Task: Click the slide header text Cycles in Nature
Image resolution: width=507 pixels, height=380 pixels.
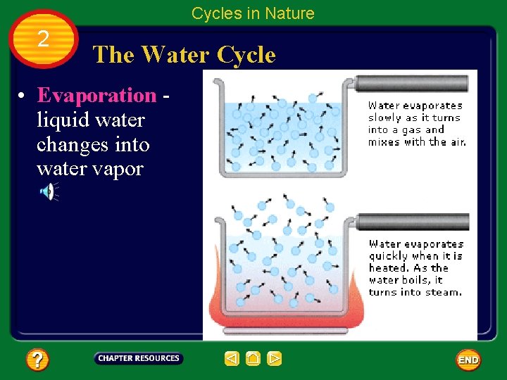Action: pos(253,13)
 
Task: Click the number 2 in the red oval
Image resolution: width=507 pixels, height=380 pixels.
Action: pos(43,39)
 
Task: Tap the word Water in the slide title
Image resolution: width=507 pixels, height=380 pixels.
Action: pos(175,54)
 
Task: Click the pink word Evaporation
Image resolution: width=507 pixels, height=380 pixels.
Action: pos(96,95)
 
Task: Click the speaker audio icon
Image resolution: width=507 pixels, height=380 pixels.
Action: pos(47,191)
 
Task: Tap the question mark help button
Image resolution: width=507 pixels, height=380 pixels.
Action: pos(37,360)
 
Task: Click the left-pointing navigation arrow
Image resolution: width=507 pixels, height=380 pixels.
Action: pos(232,359)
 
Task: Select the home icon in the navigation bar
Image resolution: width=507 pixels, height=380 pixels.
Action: pos(253,359)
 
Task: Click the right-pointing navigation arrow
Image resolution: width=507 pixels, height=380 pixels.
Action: pos(275,359)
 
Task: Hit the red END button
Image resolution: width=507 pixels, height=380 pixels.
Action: pos(468,360)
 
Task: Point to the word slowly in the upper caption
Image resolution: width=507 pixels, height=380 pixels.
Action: pos(384,118)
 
